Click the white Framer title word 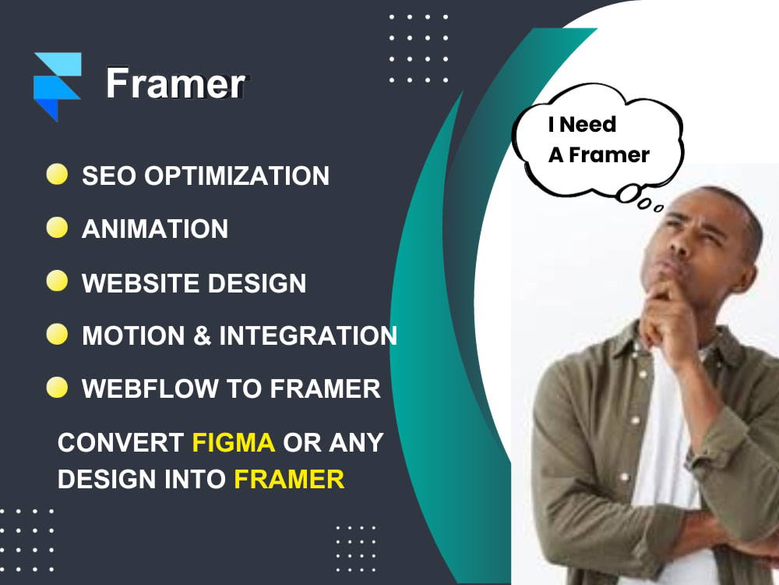176,83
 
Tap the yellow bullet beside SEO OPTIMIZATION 57,174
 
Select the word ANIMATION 155,229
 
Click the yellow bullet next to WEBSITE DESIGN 57,281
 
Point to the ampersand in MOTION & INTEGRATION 202,335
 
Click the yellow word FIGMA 234,442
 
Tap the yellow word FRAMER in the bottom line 289,478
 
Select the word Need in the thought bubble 588,124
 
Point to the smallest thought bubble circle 659,208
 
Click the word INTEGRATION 308,335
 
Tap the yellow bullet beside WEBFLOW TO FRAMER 57,388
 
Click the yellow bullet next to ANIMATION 57,227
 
